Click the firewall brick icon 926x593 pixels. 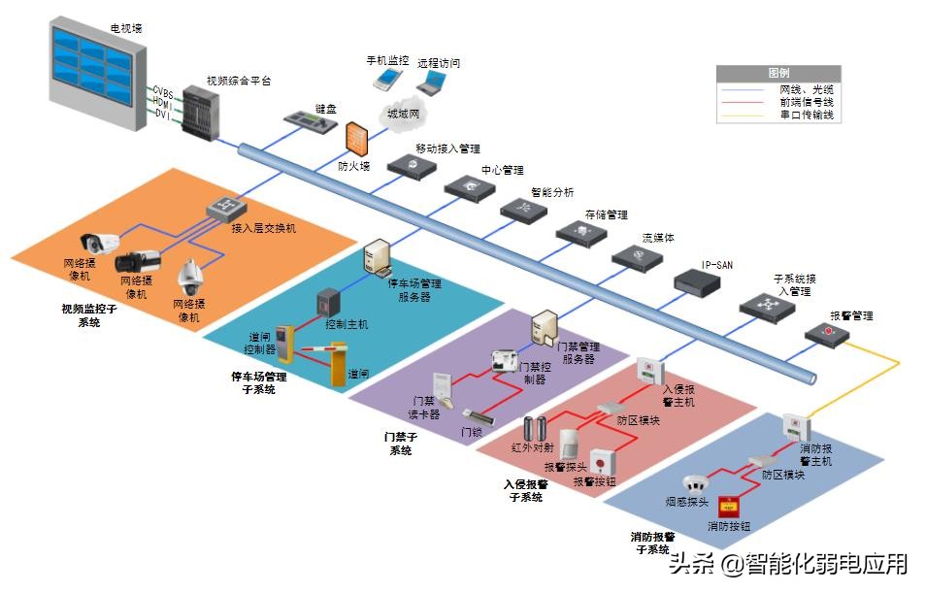pos(356,140)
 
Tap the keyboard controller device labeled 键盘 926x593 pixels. pos(309,124)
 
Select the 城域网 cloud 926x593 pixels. pos(403,112)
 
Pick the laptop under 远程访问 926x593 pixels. pos(432,83)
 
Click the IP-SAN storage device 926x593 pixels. pos(699,281)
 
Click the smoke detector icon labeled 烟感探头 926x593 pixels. pos(693,483)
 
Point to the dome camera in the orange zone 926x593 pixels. pos(189,279)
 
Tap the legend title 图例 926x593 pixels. pos(777,73)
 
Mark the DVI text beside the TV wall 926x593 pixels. pos(162,115)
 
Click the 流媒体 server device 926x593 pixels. pos(637,257)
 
